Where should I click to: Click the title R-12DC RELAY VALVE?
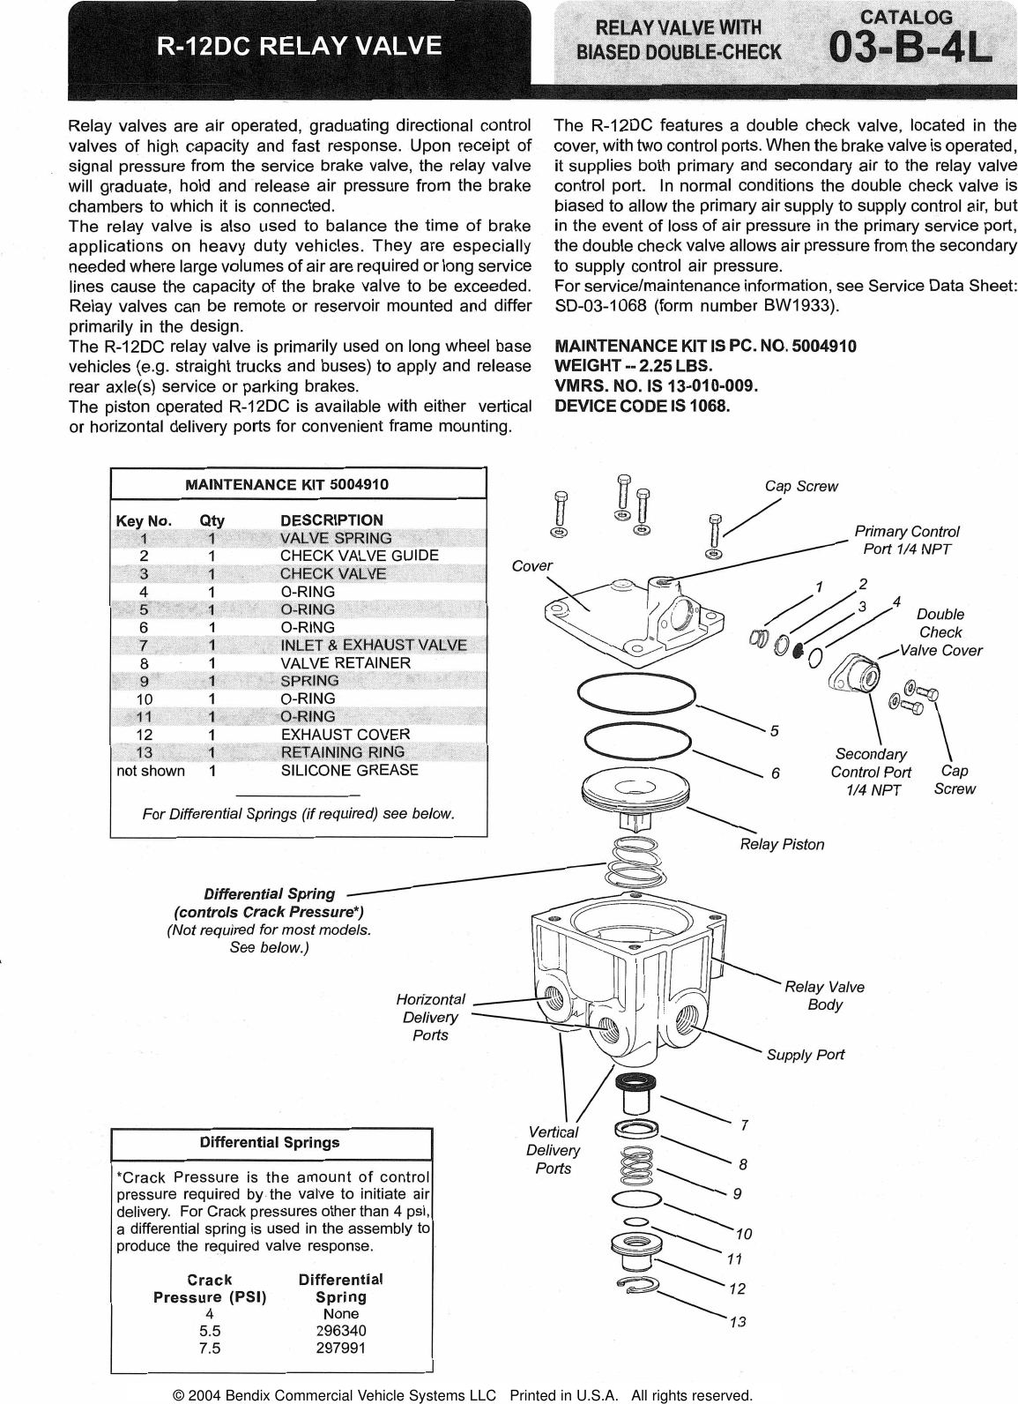pyautogui.click(x=299, y=45)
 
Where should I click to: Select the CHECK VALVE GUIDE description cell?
pyautogui.click(x=359, y=556)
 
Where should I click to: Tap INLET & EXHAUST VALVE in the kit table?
pyautogui.click(x=373, y=645)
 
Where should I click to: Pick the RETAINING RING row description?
pyautogui.click(x=342, y=752)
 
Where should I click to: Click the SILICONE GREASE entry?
pyautogui.click(x=349, y=770)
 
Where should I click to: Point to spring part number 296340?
pyautogui.click(x=340, y=1330)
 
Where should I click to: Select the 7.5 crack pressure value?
pyautogui.click(x=210, y=1348)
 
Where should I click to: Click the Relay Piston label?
pyautogui.click(x=782, y=844)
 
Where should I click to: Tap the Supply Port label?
pyautogui.click(x=805, y=1055)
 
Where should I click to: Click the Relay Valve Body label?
pyautogui.click(x=824, y=996)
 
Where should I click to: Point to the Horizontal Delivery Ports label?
pyautogui.click(x=430, y=1017)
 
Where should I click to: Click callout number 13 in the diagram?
pyautogui.click(x=738, y=1322)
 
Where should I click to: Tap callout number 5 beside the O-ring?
pyautogui.click(x=774, y=730)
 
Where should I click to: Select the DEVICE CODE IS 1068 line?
pyautogui.click(x=642, y=406)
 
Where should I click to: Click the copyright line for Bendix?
pyautogui.click(x=463, y=1395)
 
